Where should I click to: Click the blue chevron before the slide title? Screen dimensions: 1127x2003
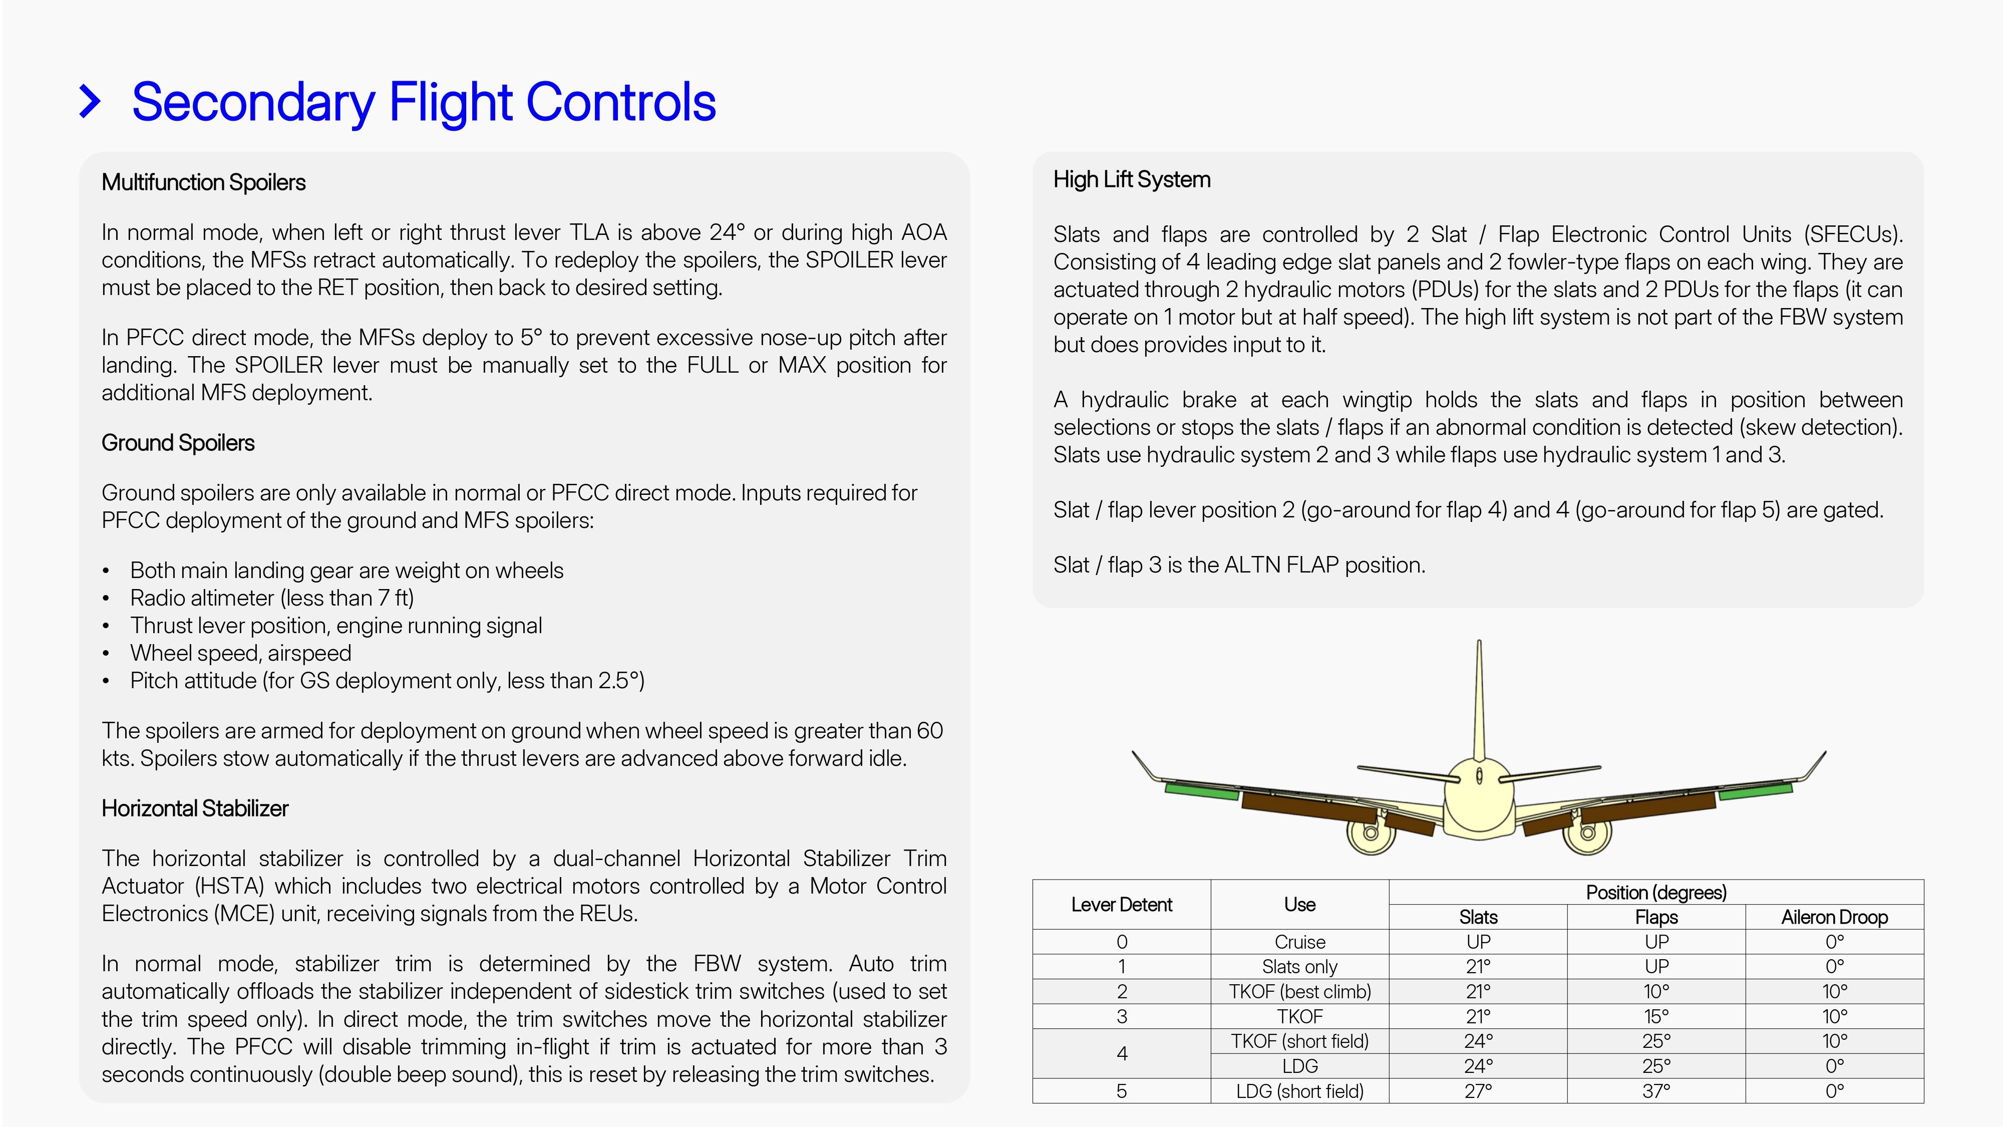(x=90, y=102)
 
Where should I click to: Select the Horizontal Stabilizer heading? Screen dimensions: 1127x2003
(x=194, y=809)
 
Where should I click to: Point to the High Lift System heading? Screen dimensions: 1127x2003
(x=1131, y=180)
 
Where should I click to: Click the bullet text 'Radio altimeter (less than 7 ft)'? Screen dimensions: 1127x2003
(x=271, y=598)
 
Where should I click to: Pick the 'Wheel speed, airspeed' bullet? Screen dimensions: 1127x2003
(x=240, y=653)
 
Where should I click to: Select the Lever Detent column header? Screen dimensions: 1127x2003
(x=1121, y=905)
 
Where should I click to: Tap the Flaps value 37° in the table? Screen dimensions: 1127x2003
(x=1655, y=1091)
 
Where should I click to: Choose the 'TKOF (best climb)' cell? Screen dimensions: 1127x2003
(x=1299, y=992)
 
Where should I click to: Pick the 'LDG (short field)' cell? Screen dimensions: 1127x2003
(x=1299, y=1091)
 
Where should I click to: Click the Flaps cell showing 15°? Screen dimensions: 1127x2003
(x=1655, y=1017)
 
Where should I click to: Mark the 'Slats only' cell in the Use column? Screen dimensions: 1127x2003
(x=1299, y=967)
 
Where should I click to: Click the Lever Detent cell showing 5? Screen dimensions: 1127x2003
(x=1121, y=1091)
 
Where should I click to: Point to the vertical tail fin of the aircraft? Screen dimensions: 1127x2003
(x=1478, y=700)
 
